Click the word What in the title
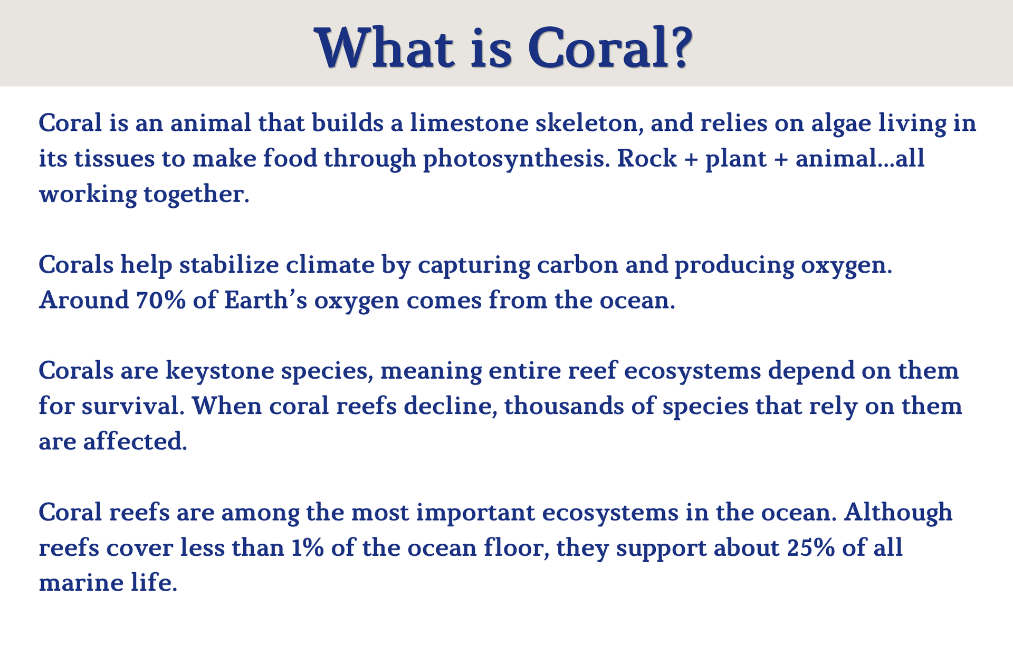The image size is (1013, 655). click(x=385, y=47)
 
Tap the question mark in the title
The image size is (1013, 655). click(x=675, y=47)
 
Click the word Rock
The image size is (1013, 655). click(x=646, y=159)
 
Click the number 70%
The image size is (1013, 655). click(x=160, y=300)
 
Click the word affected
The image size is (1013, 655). click(x=135, y=441)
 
